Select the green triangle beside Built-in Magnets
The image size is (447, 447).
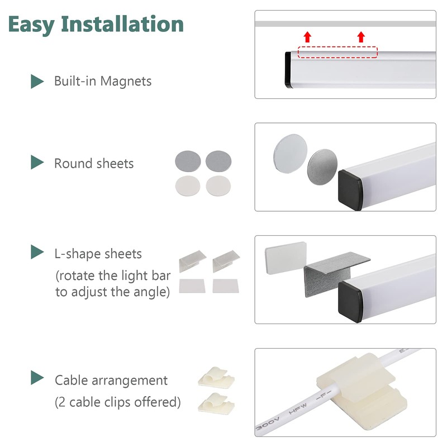37,82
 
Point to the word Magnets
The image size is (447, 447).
131,81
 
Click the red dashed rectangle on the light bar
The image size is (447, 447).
337,53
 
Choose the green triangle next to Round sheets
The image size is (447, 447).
37,163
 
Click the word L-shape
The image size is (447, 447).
76,254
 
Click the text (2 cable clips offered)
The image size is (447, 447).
118,402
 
